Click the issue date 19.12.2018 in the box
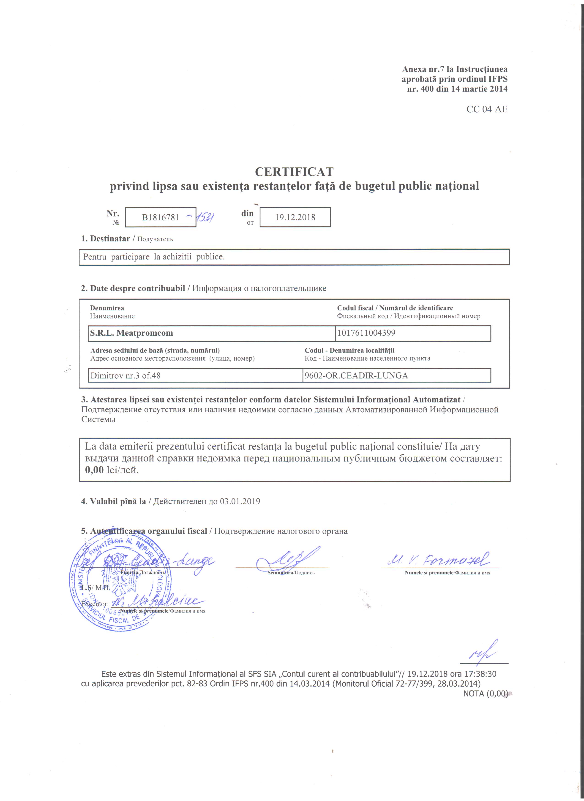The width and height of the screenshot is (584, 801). (x=295, y=217)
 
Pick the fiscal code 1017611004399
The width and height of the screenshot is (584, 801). (x=366, y=333)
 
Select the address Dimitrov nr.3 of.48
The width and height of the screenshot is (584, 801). (x=126, y=375)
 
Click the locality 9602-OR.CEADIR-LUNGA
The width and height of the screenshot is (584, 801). (x=356, y=375)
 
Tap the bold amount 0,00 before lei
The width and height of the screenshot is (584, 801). (x=94, y=470)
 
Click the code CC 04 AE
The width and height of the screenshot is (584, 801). (x=487, y=109)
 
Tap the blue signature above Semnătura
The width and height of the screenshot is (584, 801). (x=286, y=558)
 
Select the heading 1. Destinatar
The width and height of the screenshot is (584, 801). (x=106, y=239)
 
